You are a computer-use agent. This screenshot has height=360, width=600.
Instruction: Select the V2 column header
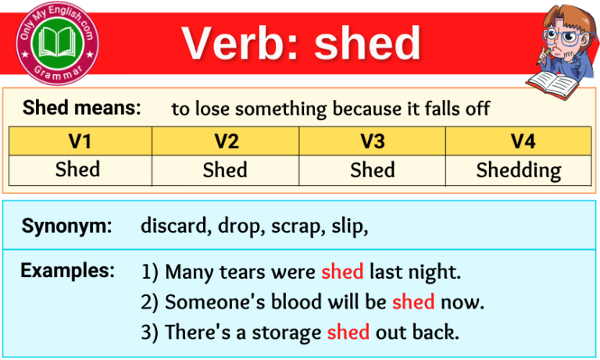tap(225, 141)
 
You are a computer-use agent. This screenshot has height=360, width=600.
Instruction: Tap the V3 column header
tap(372, 141)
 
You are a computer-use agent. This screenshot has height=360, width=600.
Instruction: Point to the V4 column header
tap(519, 141)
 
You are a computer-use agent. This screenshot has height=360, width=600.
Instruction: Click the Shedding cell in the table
tap(519, 170)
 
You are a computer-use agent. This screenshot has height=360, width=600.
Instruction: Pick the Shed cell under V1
tap(78, 169)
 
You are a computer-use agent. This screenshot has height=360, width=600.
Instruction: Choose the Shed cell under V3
tap(372, 169)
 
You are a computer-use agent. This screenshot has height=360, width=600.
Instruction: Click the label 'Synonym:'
tap(67, 226)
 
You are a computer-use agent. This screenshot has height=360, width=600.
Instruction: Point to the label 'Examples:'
tap(68, 271)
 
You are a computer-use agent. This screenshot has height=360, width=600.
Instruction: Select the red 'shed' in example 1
tap(342, 272)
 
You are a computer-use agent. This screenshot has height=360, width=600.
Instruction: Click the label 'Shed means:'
tap(82, 108)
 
